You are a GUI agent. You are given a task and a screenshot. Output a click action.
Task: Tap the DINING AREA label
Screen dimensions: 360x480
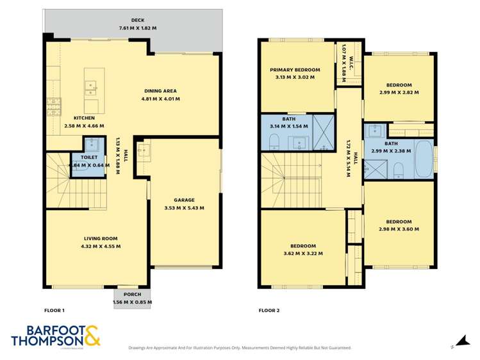point(160,90)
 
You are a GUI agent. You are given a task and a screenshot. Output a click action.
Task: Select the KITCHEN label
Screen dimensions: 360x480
point(84,118)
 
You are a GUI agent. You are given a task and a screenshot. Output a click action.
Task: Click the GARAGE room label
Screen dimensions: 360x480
point(184,199)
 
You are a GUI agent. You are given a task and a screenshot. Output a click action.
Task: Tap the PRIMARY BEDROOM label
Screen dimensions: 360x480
point(294,69)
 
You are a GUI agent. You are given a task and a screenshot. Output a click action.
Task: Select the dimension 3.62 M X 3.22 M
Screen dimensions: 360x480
point(303,254)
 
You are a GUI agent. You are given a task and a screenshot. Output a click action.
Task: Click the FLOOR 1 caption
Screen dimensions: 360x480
point(54,310)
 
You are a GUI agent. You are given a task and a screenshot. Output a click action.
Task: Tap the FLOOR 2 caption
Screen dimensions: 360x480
point(269,310)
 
